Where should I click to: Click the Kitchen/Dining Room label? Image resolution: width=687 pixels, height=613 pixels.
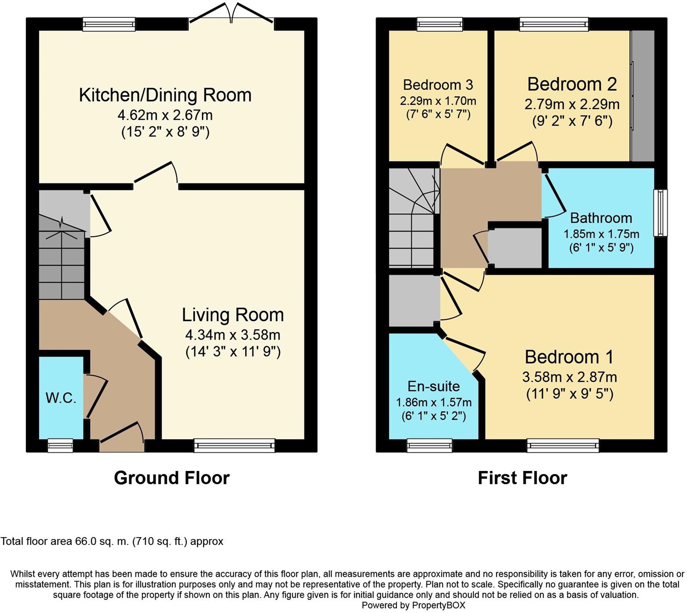pyautogui.click(x=165, y=95)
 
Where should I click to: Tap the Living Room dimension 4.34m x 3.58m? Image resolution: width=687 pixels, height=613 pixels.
pyautogui.click(x=233, y=335)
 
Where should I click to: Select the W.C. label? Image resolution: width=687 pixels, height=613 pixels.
pyautogui.click(x=61, y=398)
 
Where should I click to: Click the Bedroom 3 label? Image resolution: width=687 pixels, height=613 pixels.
pyautogui.click(x=438, y=85)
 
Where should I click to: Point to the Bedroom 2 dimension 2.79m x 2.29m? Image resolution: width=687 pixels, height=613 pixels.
pyautogui.click(x=571, y=104)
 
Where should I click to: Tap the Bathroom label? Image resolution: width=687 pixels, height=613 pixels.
pyautogui.click(x=601, y=218)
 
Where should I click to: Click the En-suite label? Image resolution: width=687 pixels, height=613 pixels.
pyautogui.click(x=434, y=386)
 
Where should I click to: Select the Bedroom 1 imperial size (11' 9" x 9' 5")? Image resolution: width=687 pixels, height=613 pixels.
pyautogui.click(x=569, y=394)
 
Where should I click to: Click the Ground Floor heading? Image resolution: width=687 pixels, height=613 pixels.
pyautogui.click(x=171, y=478)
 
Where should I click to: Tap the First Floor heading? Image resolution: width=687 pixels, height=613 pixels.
pyautogui.click(x=522, y=478)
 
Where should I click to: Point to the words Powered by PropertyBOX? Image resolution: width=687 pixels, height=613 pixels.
pyautogui.click(x=413, y=605)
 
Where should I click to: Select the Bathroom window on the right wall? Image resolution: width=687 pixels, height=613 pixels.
pyautogui.click(x=661, y=213)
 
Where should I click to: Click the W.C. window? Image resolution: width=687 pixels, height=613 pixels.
pyautogui.click(x=60, y=445)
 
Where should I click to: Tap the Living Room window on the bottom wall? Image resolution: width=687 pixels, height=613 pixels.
pyautogui.click(x=234, y=445)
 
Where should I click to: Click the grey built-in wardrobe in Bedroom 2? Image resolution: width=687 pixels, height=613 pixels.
pyautogui.click(x=642, y=96)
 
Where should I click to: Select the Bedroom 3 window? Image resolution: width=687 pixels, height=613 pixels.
pyautogui.click(x=440, y=24)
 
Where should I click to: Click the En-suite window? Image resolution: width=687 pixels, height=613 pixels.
pyautogui.click(x=430, y=445)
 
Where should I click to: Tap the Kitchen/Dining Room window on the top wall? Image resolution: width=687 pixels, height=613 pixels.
pyautogui.click(x=109, y=24)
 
